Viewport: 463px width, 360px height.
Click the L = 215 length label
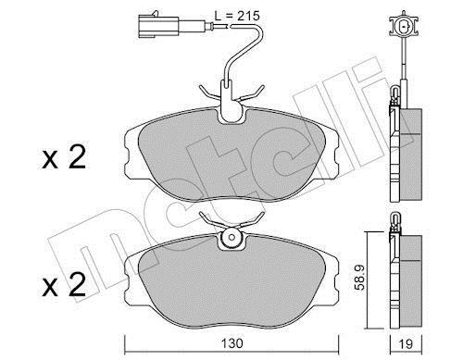(237, 16)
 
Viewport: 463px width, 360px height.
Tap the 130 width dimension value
(232, 343)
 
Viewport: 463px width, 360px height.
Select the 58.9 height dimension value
(359, 278)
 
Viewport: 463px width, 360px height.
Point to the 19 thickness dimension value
(407, 343)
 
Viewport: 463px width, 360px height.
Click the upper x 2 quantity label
(64, 157)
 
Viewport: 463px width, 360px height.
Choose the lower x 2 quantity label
(64, 285)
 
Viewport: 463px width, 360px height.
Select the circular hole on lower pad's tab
(232, 237)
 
